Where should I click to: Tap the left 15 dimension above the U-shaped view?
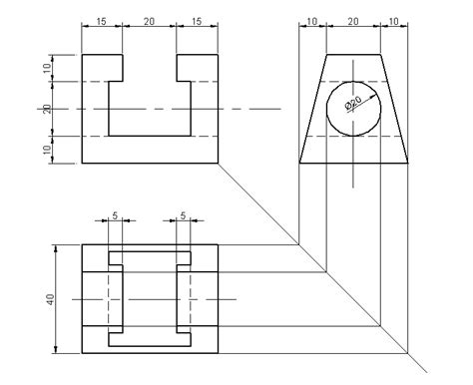pyautogui.click(x=101, y=21)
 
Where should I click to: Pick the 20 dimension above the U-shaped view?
pyautogui.click(x=148, y=21)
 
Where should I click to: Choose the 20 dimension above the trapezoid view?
pyautogui.click(x=352, y=21)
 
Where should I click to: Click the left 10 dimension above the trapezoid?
pyautogui.click(x=312, y=21)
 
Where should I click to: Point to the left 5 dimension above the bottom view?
pyautogui.click(x=115, y=214)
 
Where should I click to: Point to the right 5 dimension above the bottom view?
pyautogui.click(x=183, y=214)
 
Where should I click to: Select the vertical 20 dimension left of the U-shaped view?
pyautogui.click(x=47, y=108)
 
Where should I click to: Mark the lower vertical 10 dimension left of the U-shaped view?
pyautogui.click(x=47, y=149)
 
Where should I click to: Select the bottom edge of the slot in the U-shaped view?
pyautogui.click(x=148, y=136)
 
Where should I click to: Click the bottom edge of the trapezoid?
pyautogui.click(x=352, y=162)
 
